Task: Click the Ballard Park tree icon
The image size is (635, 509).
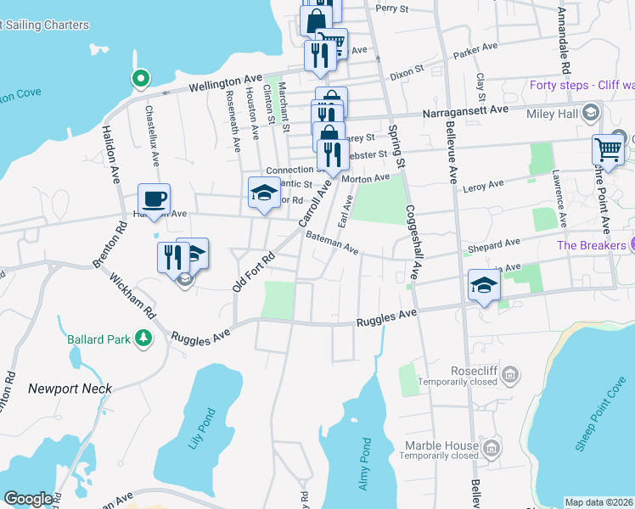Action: pos(144,339)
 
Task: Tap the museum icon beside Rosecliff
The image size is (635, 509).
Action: pos(509,374)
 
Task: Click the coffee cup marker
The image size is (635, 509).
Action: pos(154,200)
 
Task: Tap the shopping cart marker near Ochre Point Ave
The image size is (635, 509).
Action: pos(608,150)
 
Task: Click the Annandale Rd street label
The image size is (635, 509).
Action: pos(563,41)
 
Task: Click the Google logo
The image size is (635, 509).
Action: pos(28,499)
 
